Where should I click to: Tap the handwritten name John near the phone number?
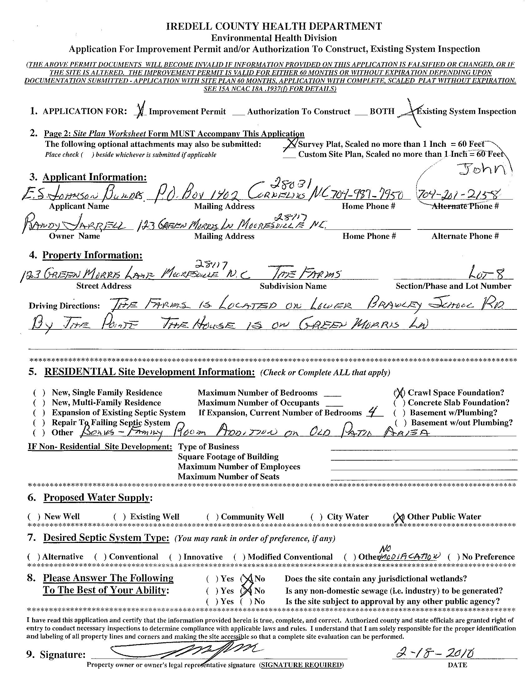[x=483, y=170]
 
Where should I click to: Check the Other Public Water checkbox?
[x=397, y=517]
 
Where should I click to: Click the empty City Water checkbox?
[x=316, y=517]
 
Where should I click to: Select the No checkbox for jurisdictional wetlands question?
[x=247, y=579]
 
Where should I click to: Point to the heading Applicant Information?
[x=95, y=177]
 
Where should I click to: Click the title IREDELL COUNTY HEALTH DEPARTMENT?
[x=274, y=26]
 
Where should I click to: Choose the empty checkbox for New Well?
[x=34, y=517]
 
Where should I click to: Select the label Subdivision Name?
[x=293, y=286]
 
